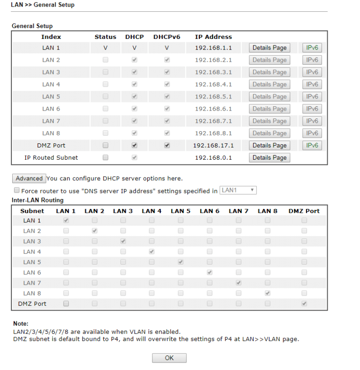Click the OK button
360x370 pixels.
169,358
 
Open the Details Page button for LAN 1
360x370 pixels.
270,48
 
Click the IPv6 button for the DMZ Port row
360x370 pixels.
312,145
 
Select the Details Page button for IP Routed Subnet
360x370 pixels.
270,158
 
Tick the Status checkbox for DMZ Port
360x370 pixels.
105,145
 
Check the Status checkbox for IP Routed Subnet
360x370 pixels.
105,158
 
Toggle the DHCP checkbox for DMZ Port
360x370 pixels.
135,145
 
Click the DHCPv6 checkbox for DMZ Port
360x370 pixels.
167,145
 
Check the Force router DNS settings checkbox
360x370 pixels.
17,191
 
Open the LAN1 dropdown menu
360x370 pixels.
238,190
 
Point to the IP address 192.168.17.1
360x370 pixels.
213,145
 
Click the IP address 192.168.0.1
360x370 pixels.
213,158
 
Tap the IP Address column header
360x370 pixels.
213,37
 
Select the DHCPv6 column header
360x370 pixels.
167,37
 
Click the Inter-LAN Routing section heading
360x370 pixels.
37,200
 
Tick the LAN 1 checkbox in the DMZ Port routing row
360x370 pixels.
66,303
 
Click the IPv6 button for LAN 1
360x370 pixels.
312,48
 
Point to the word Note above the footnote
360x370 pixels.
21,323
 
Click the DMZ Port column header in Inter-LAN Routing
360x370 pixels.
304,211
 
